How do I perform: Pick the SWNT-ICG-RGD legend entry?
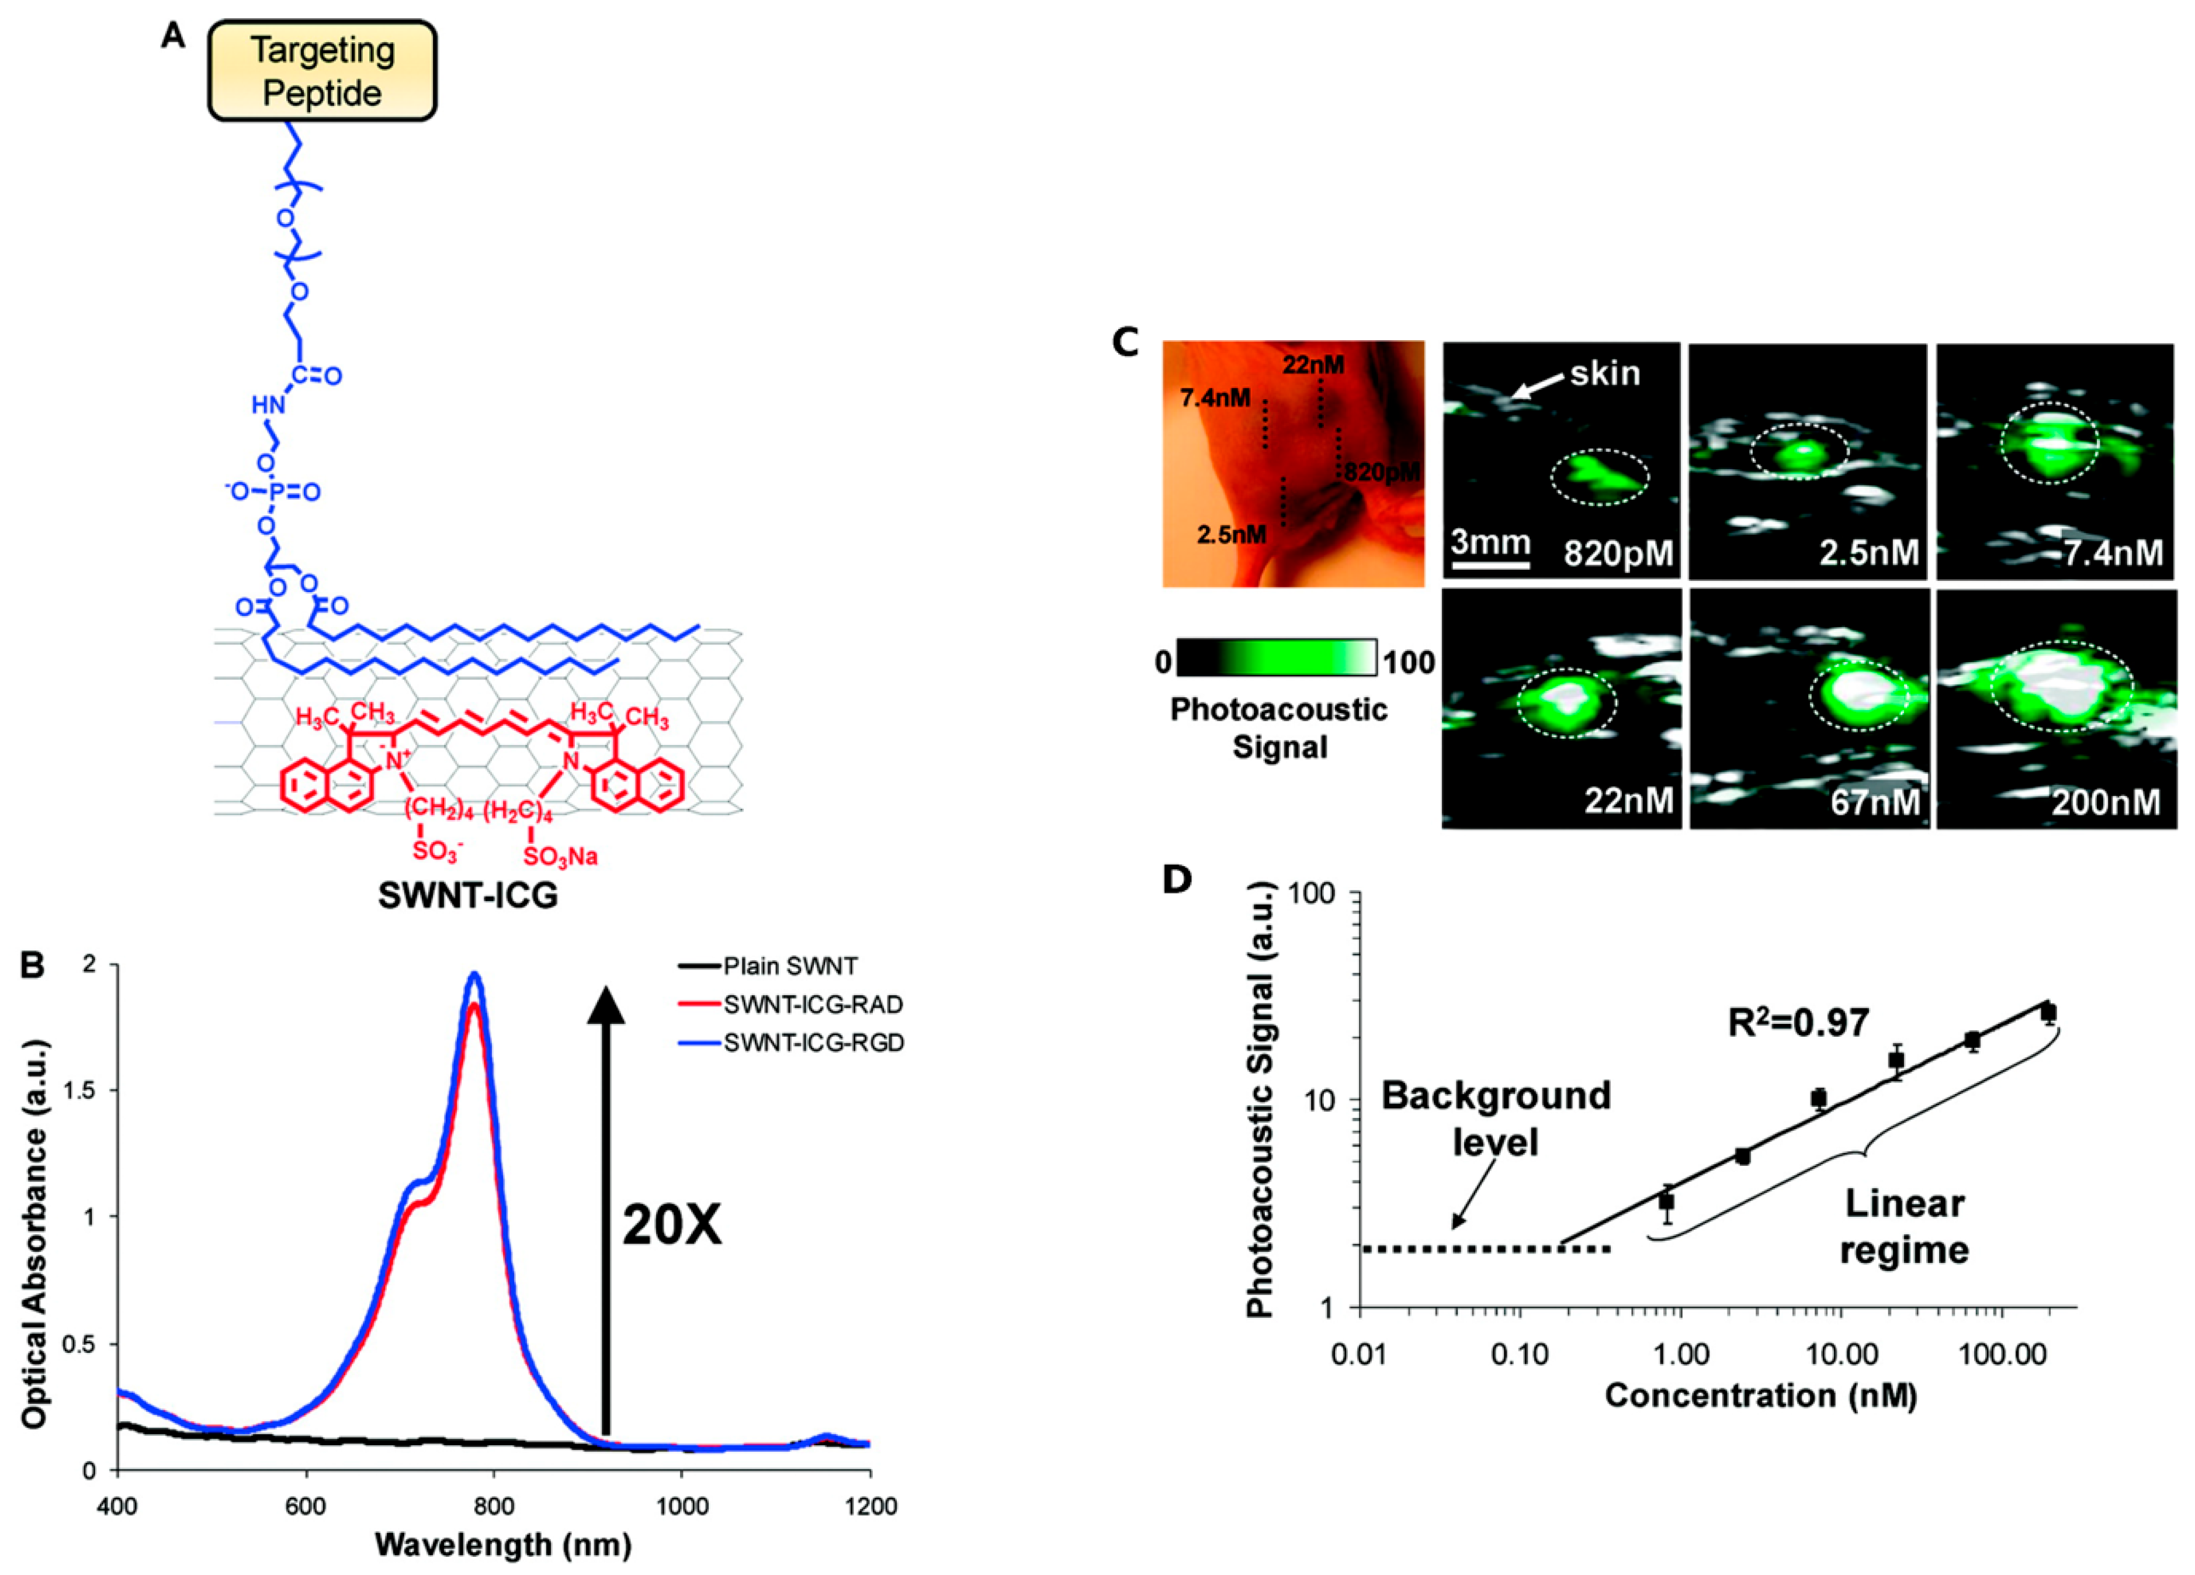(813, 1044)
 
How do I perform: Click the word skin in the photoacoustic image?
(1605, 373)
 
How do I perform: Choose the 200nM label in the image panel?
(2106, 802)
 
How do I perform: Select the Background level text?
(1495, 1118)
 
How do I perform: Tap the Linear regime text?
(1903, 1227)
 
